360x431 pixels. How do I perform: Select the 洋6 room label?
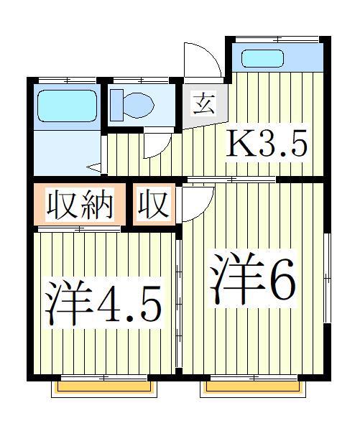coord(253,280)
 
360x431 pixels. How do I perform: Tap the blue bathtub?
coord(66,106)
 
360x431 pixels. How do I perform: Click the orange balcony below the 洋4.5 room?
coord(104,388)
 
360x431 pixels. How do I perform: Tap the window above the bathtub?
coord(66,78)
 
